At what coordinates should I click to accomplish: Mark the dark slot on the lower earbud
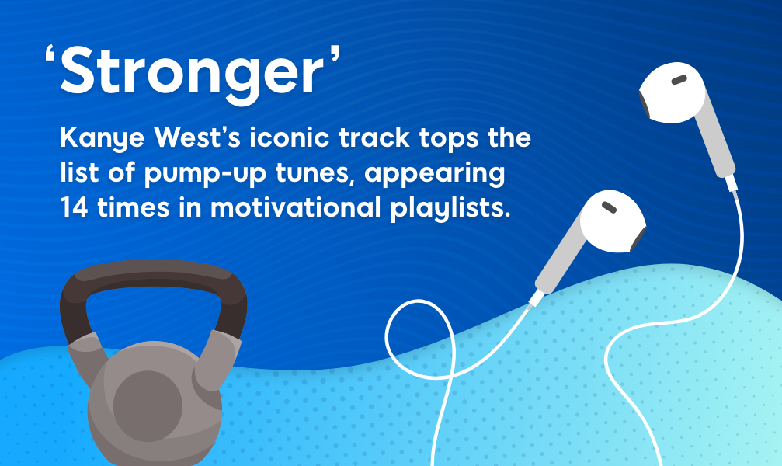[610, 208]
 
